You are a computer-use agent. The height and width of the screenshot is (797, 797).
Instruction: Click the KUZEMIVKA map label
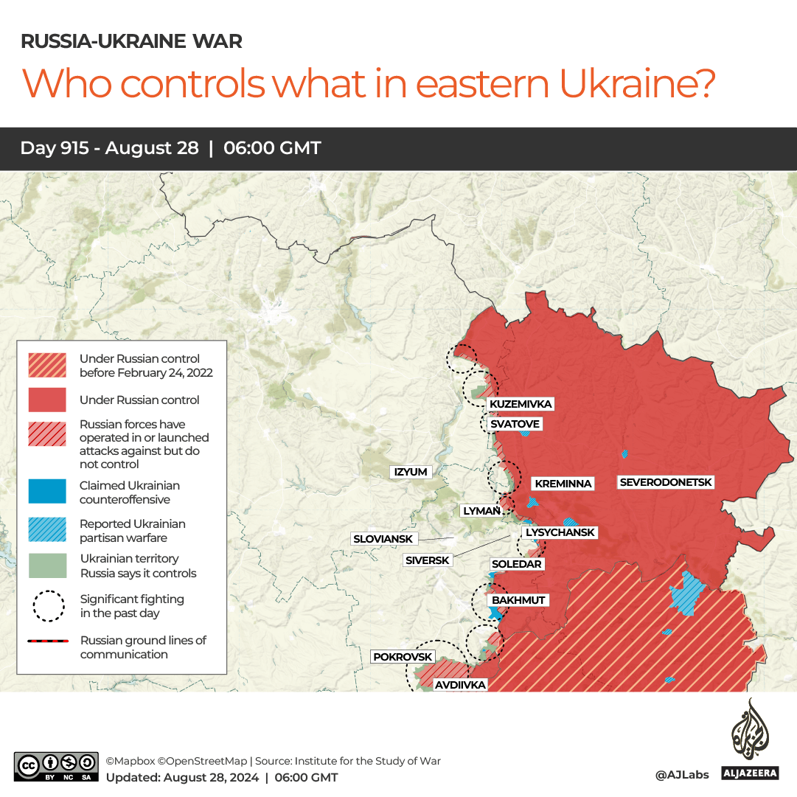point(521,404)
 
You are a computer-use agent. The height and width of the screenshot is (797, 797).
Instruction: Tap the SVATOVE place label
point(515,424)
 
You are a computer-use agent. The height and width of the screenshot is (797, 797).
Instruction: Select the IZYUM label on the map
point(411,472)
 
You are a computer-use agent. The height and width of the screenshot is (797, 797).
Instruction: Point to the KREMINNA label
point(563,484)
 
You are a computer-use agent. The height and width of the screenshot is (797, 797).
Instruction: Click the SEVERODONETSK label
point(666,482)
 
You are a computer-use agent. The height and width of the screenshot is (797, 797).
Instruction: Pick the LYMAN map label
point(481,510)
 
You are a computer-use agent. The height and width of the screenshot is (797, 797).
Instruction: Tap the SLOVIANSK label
point(383,539)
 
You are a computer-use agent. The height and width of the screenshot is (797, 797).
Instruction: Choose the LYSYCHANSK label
point(559,532)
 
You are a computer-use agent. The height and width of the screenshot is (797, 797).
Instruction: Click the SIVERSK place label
point(427,560)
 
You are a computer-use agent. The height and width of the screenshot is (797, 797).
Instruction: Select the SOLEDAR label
point(516,564)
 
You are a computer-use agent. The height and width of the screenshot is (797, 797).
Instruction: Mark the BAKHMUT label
point(518,600)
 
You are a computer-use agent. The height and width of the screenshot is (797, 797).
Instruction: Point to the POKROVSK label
point(403,656)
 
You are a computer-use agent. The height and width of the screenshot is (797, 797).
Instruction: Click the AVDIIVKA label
point(460,685)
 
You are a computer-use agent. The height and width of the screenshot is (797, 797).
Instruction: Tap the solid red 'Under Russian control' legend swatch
point(47,400)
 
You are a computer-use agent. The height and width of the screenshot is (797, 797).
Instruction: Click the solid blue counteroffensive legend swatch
point(47,493)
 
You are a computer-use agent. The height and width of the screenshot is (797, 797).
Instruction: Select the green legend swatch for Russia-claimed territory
point(47,565)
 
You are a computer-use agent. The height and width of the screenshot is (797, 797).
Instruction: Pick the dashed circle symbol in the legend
point(47,606)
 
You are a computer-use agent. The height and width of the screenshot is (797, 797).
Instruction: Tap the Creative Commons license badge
point(55,767)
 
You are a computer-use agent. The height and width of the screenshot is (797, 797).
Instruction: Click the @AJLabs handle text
point(682,775)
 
